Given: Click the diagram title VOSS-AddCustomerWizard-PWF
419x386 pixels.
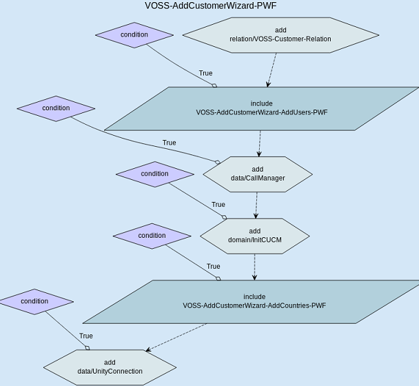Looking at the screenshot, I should [x=212, y=6].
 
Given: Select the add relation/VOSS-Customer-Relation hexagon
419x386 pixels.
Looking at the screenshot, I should [x=280, y=34].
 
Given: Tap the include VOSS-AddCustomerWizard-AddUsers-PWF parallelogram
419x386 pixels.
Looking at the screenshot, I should [x=261, y=108].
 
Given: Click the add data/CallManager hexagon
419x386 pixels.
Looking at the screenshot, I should [x=258, y=174].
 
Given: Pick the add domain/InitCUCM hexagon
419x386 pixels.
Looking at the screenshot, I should [x=255, y=235].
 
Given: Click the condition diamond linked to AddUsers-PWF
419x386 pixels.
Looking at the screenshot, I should [x=134, y=35].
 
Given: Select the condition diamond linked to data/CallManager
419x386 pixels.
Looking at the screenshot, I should [x=56, y=108].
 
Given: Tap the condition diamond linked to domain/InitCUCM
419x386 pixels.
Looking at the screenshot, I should [x=154, y=174].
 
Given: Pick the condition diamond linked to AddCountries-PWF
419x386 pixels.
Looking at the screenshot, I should [x=152, y=236].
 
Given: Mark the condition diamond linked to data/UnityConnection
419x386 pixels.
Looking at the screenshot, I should [x=34, y=301].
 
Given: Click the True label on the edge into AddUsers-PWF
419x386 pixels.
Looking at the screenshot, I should [x=205, y=73].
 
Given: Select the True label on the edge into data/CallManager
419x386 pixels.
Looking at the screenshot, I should [x=169, y=143].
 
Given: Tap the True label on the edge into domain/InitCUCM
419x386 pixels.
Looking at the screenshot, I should [x=218, y=205].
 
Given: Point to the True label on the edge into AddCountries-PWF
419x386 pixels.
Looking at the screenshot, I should [x=213, y=266].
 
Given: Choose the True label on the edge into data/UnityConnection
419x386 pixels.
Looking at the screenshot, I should [x=85, y=336].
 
